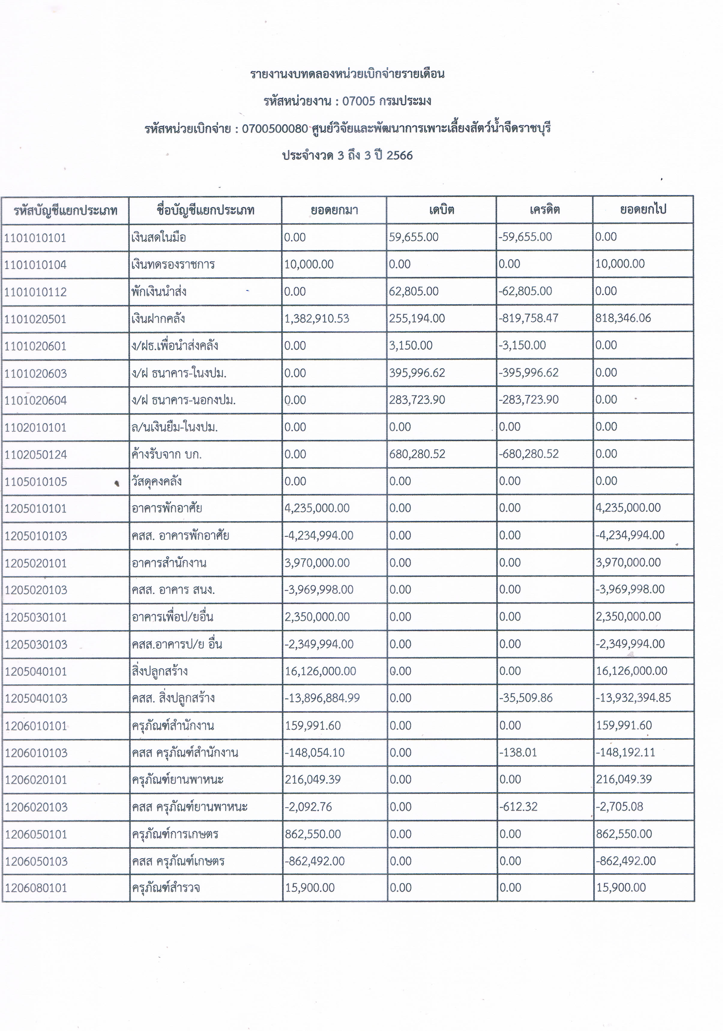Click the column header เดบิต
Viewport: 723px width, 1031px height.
[x=441, y=210]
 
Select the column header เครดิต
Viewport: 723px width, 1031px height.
[x=544, y=210]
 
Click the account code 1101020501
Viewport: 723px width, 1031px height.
[x=35, y=319]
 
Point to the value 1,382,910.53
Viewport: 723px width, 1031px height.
[x=317, y=319]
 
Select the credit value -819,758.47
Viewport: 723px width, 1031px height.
[x=529, y=318]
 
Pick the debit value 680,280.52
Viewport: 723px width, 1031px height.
[x=417, y=454]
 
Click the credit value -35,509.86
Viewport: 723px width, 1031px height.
[x=526, y=698]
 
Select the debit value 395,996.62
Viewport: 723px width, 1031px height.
[x=417, y=373]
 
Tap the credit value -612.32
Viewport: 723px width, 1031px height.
[x=518, y=807]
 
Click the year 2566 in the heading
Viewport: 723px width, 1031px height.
[x=399, y=155]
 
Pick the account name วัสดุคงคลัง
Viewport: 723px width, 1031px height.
[x=157, y=481]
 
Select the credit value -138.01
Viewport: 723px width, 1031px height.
[x=518, y=752]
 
